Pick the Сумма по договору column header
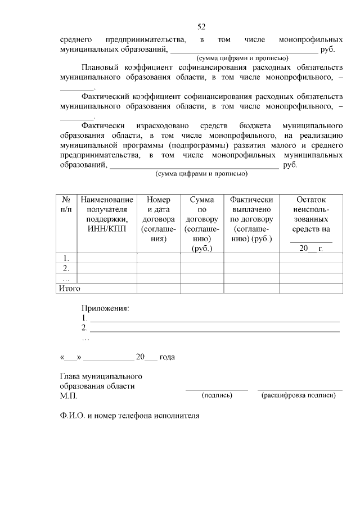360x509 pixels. pyautogui.click(x=201, y=224)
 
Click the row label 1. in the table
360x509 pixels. pyautogui.click(x=66, y=258)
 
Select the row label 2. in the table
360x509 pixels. pyautogui.click(x=66, y=268)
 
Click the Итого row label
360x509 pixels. pyautogui.click(x=70, y=288)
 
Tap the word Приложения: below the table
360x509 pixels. pyautogui.click(x=105, y=309)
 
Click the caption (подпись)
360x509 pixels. pyautogui.click(x=217, y=395)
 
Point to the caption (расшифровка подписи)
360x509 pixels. pyautogui.click(x=299, y=395)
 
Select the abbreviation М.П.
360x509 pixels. pyautogui.click(x=68, y=396)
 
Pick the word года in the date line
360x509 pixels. pyautogui.click(x=167, y=357)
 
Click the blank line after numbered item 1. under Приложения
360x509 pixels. pyautogui.click(x=214, y=318)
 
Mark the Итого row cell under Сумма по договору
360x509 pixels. pyautogui.click(x=201, y=288)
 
